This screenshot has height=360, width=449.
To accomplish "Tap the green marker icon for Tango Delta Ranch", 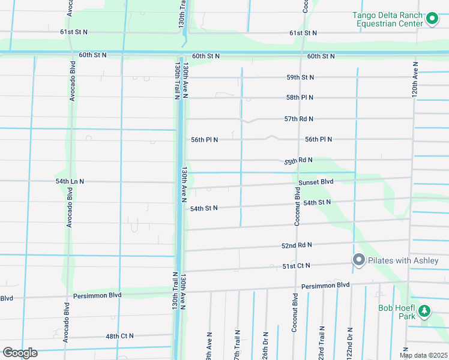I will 432,20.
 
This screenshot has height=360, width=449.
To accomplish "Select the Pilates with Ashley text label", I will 403,260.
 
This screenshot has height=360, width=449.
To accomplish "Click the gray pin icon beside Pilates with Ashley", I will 359,260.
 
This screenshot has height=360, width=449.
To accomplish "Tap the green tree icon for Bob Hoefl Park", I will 424,310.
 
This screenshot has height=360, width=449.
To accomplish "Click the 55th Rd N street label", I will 299,161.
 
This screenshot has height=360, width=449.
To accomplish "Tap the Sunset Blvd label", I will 316,182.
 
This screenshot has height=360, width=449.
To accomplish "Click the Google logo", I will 20,353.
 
